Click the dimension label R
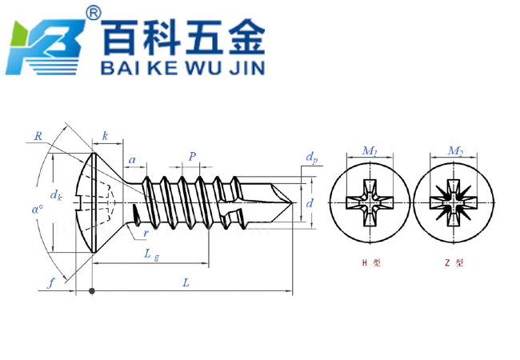38,136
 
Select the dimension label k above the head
105,137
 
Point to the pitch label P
192,156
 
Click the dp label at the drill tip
311,158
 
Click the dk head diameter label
56,194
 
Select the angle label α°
37,209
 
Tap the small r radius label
145,234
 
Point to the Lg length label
150,254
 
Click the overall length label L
186,282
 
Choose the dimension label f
50,282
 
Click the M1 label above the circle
370,151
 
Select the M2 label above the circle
454,151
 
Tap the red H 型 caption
370,262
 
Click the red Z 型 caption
454,262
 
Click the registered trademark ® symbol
94,13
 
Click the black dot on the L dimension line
92,290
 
